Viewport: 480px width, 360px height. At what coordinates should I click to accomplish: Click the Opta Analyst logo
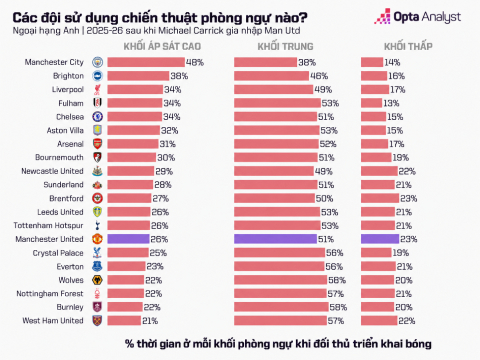[x=418, y=16]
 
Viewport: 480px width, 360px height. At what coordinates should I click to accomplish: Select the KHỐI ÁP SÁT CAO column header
[x=162, y=46]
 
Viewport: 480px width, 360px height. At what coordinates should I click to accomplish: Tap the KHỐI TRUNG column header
[x=285, y=46]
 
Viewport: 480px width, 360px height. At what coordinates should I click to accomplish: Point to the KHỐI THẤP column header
[x=408, y=46]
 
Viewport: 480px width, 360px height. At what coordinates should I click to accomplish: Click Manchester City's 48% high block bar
[x=146, y=62]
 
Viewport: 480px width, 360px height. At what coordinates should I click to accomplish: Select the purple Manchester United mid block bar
[x=275, y=239]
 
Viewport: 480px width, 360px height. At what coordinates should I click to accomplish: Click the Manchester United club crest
[x=97, y=239]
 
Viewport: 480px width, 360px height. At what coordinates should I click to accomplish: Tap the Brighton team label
[x=68, y=76]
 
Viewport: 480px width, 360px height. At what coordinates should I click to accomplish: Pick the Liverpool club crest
[x=97, y=90]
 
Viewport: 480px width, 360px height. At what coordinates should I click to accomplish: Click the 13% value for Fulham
[x=391, y=103]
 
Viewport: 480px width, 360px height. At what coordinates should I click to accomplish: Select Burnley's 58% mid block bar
[x=281, y=307]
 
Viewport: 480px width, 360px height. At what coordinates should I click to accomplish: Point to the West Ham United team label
[x=53, y=321]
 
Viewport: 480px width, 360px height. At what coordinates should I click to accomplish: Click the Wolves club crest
[x=97, y=280]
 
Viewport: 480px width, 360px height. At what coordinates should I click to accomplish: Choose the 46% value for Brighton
[x=319, y=76]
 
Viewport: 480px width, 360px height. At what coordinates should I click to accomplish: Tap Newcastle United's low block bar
[x=380, y=171]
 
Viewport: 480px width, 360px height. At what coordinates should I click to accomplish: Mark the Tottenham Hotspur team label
[x=48, y=226]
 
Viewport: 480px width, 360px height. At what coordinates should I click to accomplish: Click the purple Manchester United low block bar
[x=380, y=239]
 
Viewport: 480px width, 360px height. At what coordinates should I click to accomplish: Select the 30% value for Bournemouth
[x=166, y=158]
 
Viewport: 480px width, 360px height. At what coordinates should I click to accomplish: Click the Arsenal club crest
[x=97, y=144]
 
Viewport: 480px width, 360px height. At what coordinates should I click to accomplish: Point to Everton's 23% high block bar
[x=127, y=266]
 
